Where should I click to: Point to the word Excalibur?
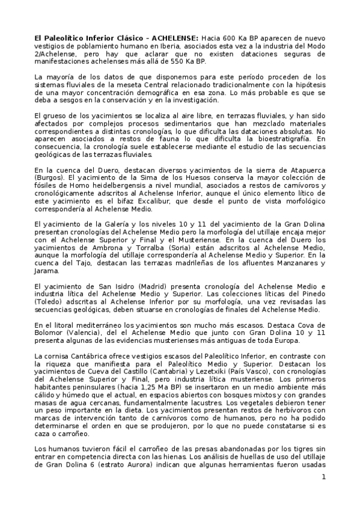click(x=144, y=203)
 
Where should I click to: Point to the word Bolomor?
click(x=52, y=333)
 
